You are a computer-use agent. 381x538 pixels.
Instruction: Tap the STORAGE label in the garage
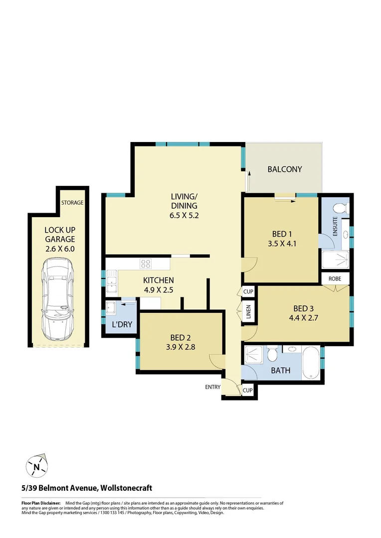(x=72, y=203)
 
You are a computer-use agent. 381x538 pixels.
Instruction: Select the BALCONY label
(x=285, y=169)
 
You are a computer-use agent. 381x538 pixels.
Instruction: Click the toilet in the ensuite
(x=342, y=208)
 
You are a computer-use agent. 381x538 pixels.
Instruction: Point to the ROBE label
(x=335, y=278)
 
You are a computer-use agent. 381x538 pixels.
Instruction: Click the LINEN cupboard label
(x=248, y=312)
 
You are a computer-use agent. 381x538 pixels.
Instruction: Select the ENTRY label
(x=212, y=387)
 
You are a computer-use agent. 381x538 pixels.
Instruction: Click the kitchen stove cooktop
(x=146, y=264)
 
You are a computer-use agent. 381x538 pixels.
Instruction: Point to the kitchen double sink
(x=112, y=280)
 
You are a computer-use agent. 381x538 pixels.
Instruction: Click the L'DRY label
(x=122, y=325)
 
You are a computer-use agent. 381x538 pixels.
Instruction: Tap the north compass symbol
(x=36, y=467)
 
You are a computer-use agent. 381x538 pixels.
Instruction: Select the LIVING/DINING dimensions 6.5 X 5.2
(x=184, y=216)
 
